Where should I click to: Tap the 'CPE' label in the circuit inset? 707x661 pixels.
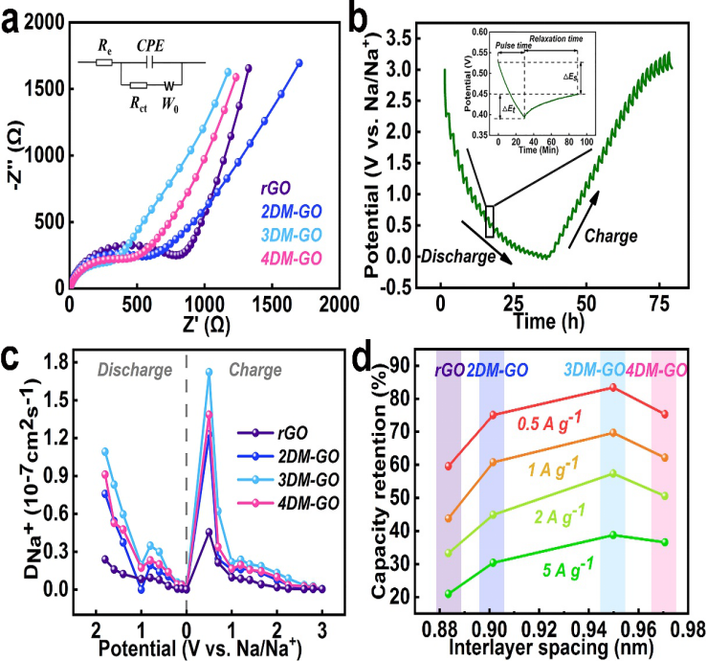(150, 46)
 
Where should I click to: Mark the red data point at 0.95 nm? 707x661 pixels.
(612, 387)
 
